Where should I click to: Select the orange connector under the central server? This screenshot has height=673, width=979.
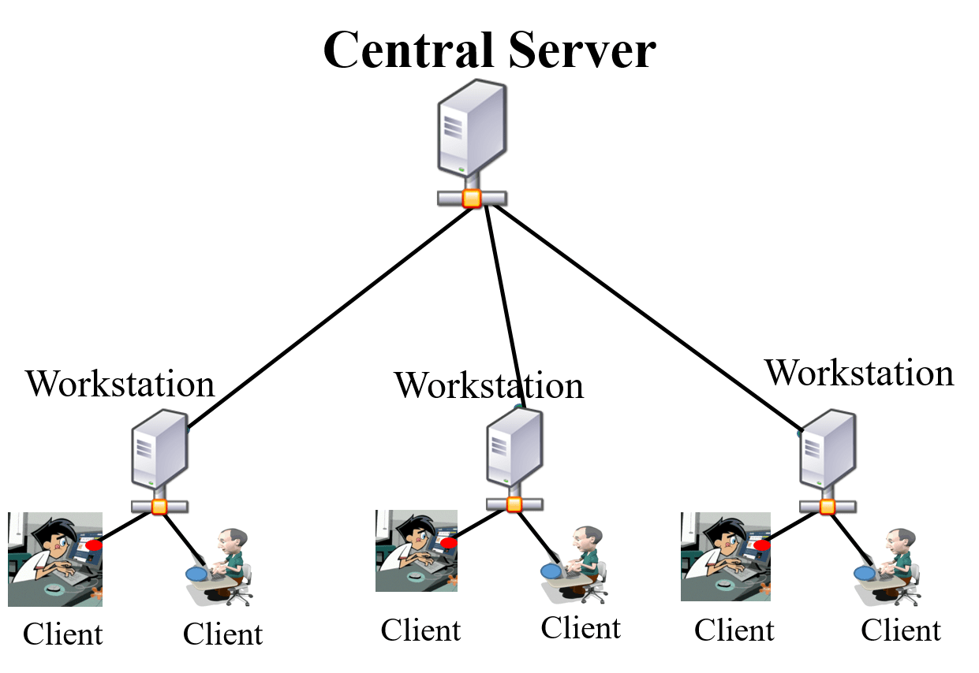pyautogui.click(x=472, y=199)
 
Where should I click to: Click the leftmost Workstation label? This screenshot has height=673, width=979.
pyautogui.click(x=120, y=384)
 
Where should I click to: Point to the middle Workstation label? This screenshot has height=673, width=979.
pyautogui.click(x=489, y=385)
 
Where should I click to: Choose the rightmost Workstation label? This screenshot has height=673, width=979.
pyautogui.click(x=860, y=372)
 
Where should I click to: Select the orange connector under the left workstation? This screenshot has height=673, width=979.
pyautogui.click(x=159, y=506)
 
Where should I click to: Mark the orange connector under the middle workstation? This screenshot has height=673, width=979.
pyautogui.click(x=514, y=504)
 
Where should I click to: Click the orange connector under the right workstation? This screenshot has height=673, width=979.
pyautogui.click(x=827, y=506)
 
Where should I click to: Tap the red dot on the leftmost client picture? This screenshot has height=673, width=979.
pyautogui.click(x=94, y=545)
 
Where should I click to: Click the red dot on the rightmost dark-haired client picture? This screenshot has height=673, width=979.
pyautogui.click(x=762, y=545)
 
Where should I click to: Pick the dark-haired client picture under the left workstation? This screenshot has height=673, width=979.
pyautogui.click(x=55, y=560)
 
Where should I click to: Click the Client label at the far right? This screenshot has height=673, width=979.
pyautogui.click(x=900, y=631)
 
